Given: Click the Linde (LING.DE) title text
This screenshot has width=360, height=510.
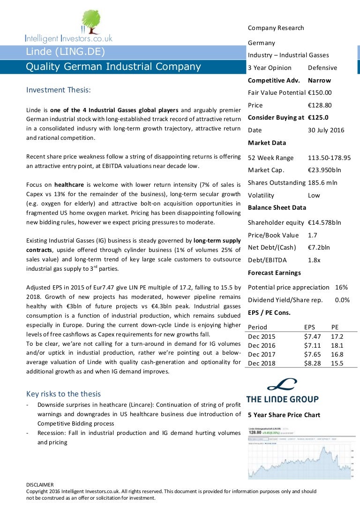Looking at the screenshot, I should coord(66,52).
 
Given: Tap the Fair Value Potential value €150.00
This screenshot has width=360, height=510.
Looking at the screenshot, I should coord(320,93).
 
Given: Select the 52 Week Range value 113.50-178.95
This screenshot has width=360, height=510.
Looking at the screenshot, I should coord(330,158).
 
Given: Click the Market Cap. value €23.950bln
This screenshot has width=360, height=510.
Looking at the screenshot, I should coord(324,170).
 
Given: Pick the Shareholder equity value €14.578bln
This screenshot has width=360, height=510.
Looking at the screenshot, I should coord(324,222).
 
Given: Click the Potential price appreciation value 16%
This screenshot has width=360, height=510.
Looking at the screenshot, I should coord(341,287).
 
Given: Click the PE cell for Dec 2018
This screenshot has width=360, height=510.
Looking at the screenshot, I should coord(337,363).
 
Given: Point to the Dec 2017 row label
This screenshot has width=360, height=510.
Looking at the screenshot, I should coord(262,354).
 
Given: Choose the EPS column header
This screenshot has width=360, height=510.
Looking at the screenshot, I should coord(310,327).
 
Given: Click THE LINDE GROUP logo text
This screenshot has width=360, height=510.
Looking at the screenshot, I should coord(282,399).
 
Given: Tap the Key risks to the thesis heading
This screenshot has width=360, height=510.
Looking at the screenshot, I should coord(63,394).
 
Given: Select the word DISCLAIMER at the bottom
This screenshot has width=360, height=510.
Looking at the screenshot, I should coord(40,485).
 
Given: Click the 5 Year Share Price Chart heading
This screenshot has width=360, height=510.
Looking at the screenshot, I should coord(284,415).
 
